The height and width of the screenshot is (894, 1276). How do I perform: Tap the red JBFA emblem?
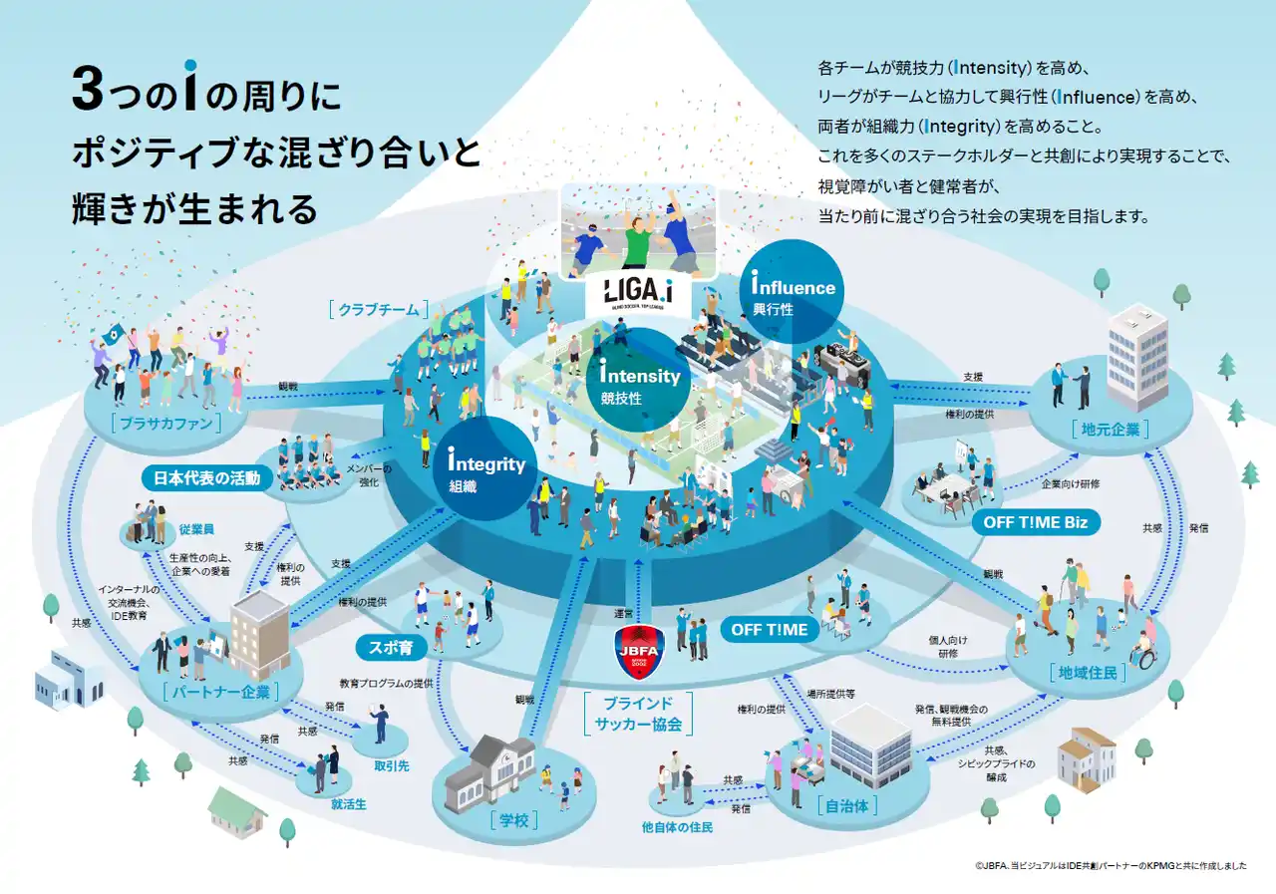[638, 647]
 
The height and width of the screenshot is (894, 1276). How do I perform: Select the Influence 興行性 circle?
[794, 290]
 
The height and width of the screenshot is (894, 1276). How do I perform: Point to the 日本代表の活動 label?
[207, 477]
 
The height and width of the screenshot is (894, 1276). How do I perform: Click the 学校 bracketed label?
[513, 820]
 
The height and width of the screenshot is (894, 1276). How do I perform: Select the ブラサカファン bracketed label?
[165, 423]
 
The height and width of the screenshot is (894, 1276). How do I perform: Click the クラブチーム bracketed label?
[379, 309]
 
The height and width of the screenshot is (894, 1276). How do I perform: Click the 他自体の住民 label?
[677, 827]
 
